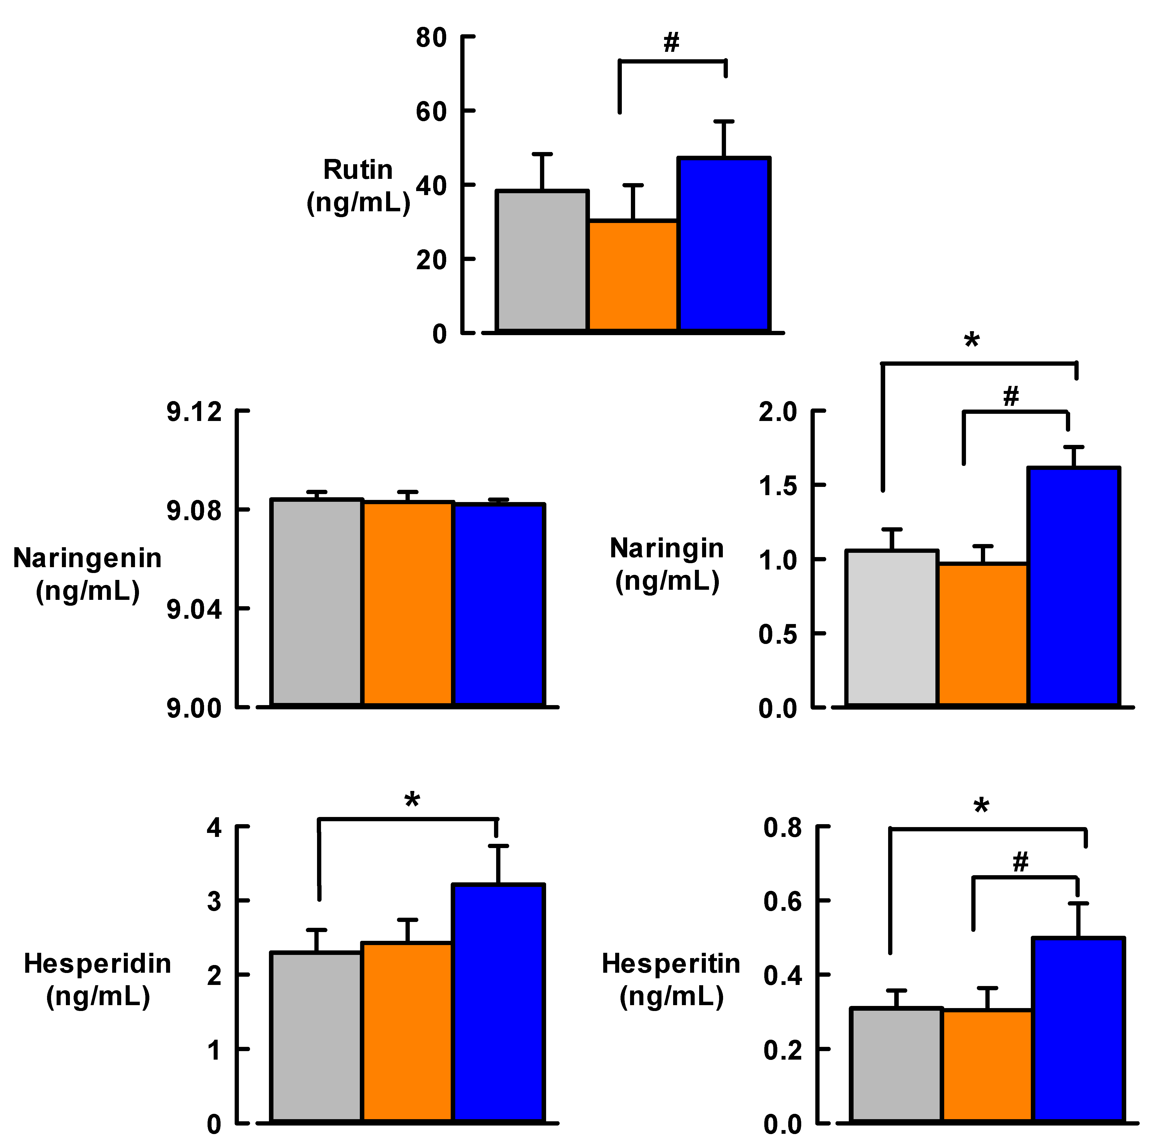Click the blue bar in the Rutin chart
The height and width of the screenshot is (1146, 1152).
pyautogui.click(x=724, y=245)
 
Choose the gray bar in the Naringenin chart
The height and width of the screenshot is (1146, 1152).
pyautogui.click(x=317, y=602)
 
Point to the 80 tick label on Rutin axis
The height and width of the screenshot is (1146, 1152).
pyautogui.click(x=431, y=38)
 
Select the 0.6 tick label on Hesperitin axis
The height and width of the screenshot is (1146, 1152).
pyautogui.click(x=782, y=901)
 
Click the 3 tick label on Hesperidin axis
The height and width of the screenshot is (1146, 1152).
pyautogui.click(x=214, y=901)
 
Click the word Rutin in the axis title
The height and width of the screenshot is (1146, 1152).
pyautogui.click(x=358, y=170)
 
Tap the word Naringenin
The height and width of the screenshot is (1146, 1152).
pyautogui.click(x=87, y=559)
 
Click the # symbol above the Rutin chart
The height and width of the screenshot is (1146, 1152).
pyautogui.click(x=672, y=42)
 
